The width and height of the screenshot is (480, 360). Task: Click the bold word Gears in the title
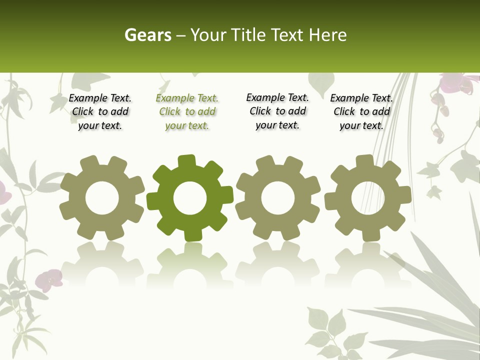click(147, 35)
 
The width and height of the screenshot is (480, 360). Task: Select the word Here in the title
click(327, 35)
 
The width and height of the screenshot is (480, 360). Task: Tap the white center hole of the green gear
click(190, 198)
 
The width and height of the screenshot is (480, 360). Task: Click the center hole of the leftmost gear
click(102, 198)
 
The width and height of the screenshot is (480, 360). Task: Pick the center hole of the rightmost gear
click(368, 198)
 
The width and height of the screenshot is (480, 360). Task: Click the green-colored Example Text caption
click(187, 112)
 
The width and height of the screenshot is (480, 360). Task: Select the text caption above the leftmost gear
click(100, 112)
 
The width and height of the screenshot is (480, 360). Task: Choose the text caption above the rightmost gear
click(361, 112)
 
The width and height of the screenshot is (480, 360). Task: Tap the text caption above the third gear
click(277, 111)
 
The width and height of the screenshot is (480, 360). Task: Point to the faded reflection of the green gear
click(190, 265)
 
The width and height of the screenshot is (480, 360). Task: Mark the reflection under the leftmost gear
click(102, 265)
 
